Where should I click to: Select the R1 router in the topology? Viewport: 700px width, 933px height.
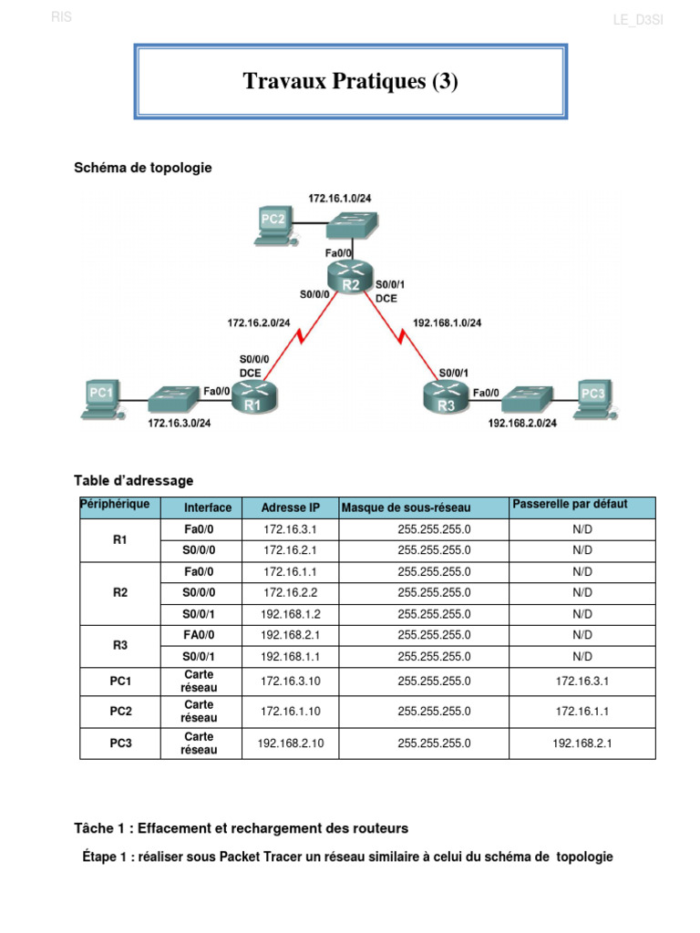coord(253,398)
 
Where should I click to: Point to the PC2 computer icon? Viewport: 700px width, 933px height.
coord(276,224)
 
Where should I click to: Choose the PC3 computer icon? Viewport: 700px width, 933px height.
coord(592,396)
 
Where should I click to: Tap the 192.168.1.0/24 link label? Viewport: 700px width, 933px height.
coord(448,323)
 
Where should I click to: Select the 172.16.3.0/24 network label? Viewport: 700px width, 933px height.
coord(180,423)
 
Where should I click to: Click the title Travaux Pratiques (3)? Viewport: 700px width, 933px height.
coord(351,82)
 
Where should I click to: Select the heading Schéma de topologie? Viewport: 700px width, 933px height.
coord(142,168)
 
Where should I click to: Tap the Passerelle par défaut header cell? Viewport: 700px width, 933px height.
coord(571,504)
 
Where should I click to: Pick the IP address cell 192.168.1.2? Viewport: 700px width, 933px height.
coord(291,614)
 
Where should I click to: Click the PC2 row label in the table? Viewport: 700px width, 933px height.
coord(120,712)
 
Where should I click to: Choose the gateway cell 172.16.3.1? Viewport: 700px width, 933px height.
coord(582,682)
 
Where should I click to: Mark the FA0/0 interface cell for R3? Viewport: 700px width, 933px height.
coord(200,635)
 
